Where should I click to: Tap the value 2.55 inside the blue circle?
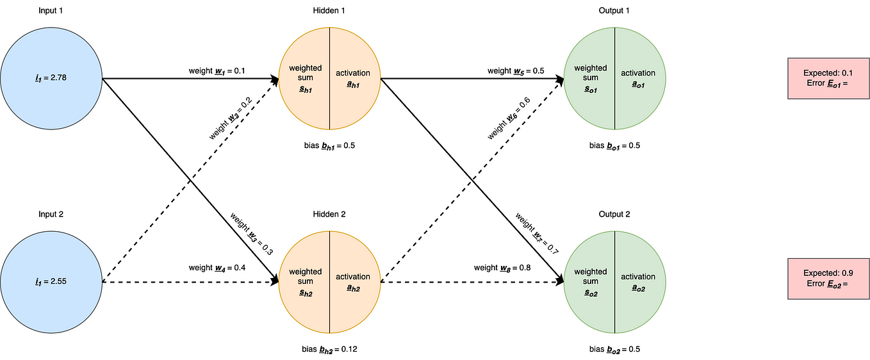(x=51, y=282)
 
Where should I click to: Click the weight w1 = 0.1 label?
(x=216, y=70)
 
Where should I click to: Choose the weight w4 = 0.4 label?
(x=216, y=267)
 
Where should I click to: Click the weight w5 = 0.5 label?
(x=516, y=70)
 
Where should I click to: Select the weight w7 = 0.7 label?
(x=537, y=235)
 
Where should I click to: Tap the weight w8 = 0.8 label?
(x=502, y=267)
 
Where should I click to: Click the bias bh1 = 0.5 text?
(x=329, y=145)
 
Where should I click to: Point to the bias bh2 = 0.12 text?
(x=329, y=349)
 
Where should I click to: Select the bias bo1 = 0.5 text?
(x=614, y=145)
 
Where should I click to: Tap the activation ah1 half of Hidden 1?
(x=354, y=79)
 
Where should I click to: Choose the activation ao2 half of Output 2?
(x=639, y=282)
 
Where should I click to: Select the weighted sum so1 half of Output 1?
(x=590, y=79)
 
